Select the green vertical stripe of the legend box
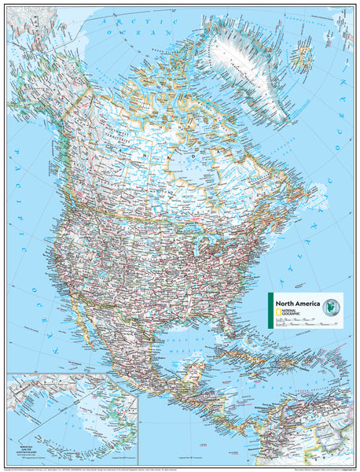270,309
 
